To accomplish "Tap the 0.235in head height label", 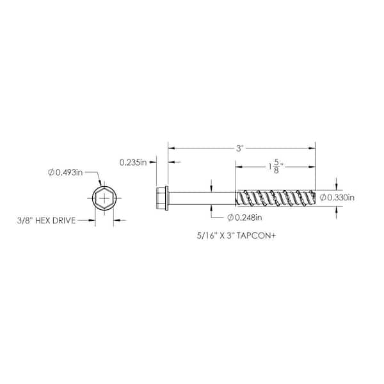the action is pyautogui.click(x=133, y=163).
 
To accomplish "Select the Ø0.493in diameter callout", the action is pyautogui.click(x=65, y=172).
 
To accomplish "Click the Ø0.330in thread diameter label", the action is pyautogui.click(x=337, y=197).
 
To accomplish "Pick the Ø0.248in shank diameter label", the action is pyautogui.click(x=244, y=217).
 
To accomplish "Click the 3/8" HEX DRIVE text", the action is pyautogui.click(x=46, y=220).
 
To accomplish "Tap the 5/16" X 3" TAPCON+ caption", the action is pyautogui.click(x=236, y=236).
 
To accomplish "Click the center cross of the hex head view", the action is pyautogui.click(x=104, y=198).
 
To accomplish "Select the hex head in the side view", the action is pyautogui.click(x=161, y=198).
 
